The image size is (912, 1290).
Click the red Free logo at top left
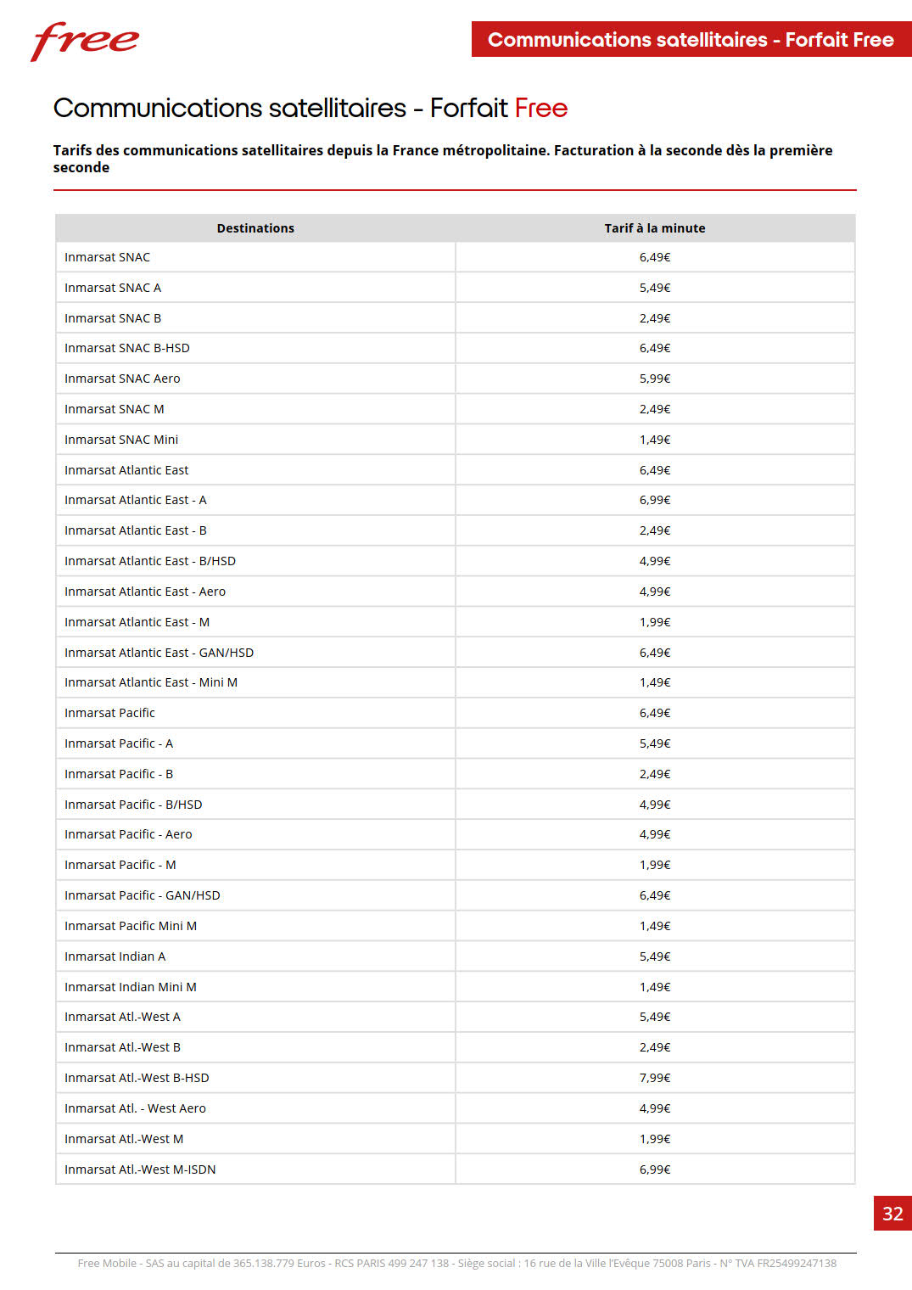(x=85, y=41)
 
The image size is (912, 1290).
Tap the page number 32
(x=892, y=1214)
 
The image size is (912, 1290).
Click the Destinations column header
(x=255, y=228)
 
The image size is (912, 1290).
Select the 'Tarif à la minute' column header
(x=655, y=228)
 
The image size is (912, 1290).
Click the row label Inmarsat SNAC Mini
(x=121, y=440)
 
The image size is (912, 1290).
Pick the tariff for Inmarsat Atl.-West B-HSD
(x=655, y=1078)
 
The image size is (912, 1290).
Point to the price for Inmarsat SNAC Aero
(x=655, y=379)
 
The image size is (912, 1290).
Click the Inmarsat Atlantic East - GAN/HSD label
(x=159, y=653)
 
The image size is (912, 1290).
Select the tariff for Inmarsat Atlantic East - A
(x=655, y=500)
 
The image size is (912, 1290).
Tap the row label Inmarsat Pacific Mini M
(x=131, y=926)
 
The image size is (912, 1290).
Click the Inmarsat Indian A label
(x=115, y=956)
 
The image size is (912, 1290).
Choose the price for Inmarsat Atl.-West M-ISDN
(x=655, y=1169)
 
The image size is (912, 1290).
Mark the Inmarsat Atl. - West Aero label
(x=135, y=1108)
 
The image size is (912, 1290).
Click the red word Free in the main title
(x=541, y=109)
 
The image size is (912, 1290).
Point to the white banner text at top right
(x=691, y=40)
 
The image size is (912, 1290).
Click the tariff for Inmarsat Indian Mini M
(x=655, y=987)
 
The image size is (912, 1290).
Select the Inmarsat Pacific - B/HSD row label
(x=133, y=805)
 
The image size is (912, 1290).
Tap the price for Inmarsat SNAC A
(x=655, y=288)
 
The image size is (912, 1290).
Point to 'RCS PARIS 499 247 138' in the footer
(x=392, y=1263)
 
